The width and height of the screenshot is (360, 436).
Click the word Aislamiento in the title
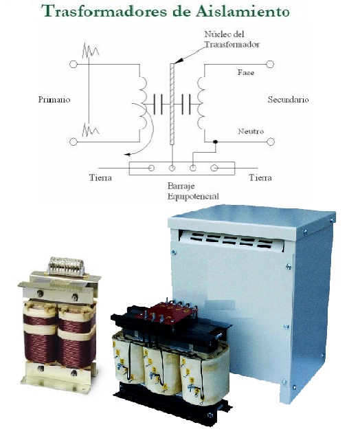pyautogui.click(x=243, y=11)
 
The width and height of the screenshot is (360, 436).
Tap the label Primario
pyautogui.click(x=54, y=100)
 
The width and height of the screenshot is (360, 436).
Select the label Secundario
pyautogui.click(x=288, y=100)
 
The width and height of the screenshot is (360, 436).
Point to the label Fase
pyautogui.click(x=245, y=73)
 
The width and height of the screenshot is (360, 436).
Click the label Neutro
pyautogui.click(x=251, y=131)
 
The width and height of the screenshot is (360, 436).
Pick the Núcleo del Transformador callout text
pyautogui.click(x=232, y=39)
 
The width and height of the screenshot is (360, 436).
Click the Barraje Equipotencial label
pyautogui.click(x=193, y=191)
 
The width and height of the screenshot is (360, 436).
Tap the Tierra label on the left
pyautogui.click(x=100, y=177)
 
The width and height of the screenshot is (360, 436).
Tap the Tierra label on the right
pyautogui.click(x=260, y=177)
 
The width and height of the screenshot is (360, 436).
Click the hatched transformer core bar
pyautogui.click(x=172, y=104)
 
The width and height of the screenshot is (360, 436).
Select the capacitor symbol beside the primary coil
pyautogui.click(x=158, y=104)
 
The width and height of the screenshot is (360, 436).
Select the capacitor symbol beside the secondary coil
pyautogui.click(x=186, y=104)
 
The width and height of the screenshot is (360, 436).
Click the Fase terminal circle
pyautogui.click(x=270, y=64)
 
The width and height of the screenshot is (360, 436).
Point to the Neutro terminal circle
pyautogui.click(x=271, y=142)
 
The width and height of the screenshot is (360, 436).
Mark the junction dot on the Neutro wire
pyautogui.click(x=215, y=142)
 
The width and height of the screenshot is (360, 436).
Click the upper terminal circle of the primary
pyautogui.click(x=74, y=65)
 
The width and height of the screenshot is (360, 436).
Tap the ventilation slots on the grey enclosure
pyautogui.click(x=231, y=240)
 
